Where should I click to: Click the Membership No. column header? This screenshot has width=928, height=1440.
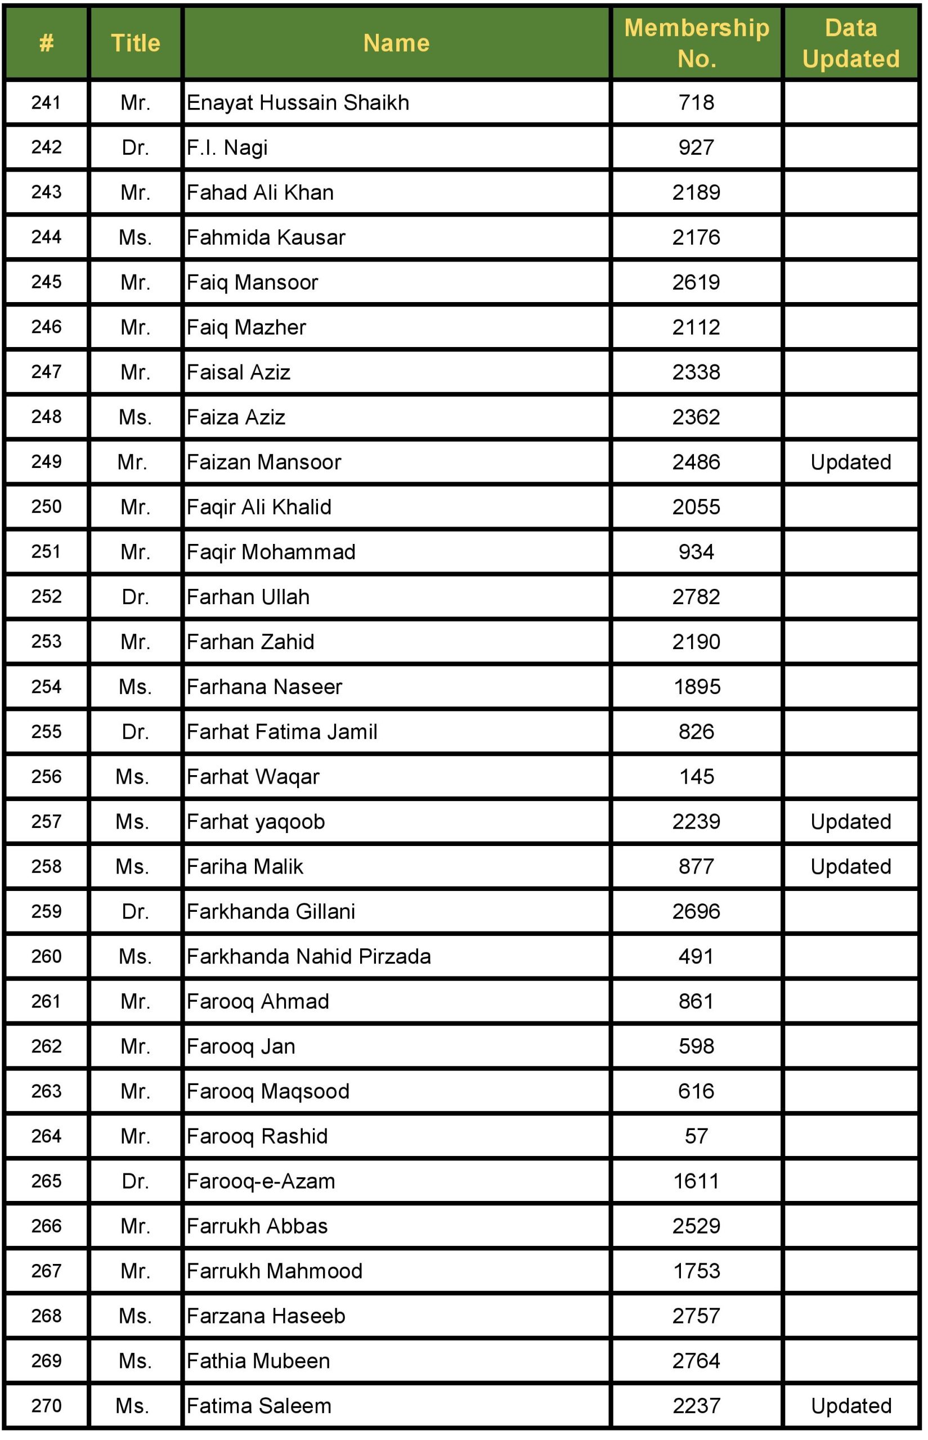click(697, 43)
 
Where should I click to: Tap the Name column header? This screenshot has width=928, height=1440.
click(396, 43)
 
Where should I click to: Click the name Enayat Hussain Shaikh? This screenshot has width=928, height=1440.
click(298, 102)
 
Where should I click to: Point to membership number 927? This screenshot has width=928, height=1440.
click(696, 147)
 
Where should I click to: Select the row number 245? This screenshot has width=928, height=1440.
click(46, 282)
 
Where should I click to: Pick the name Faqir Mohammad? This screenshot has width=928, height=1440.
click(271, 552)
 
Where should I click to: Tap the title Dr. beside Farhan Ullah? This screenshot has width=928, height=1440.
click(135, 597)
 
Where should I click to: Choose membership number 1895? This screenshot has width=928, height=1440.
click(697, 687)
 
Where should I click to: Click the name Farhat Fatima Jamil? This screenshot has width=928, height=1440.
click(281, 732)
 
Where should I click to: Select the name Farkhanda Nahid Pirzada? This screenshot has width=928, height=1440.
click(308, 956)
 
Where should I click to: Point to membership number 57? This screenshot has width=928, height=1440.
click(696, 1136)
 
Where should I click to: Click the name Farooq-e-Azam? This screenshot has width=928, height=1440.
click(261, 1181)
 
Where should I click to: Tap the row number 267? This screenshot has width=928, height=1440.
click(46, 1271)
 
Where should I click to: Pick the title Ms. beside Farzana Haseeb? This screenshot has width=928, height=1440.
click(135, 1316)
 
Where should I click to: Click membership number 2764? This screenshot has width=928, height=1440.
click(696, 1361)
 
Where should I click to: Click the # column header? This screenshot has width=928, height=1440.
click(46, 43)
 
